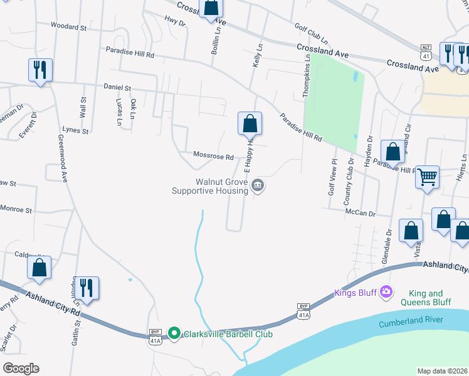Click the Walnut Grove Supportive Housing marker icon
(x=258, y=185)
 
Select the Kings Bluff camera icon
(x=386, y=291)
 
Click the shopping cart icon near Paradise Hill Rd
(x=427, y=177)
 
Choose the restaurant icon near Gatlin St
(x=87, y=289)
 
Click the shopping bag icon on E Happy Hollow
(x=250, y=123)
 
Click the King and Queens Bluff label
(x=429, y=297)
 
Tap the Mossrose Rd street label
(x=213, y=156)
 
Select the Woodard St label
(x=68, y=27)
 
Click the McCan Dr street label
(x=360, y=213)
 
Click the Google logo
(x=21, y=368)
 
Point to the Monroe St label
(x=16, y=209)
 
